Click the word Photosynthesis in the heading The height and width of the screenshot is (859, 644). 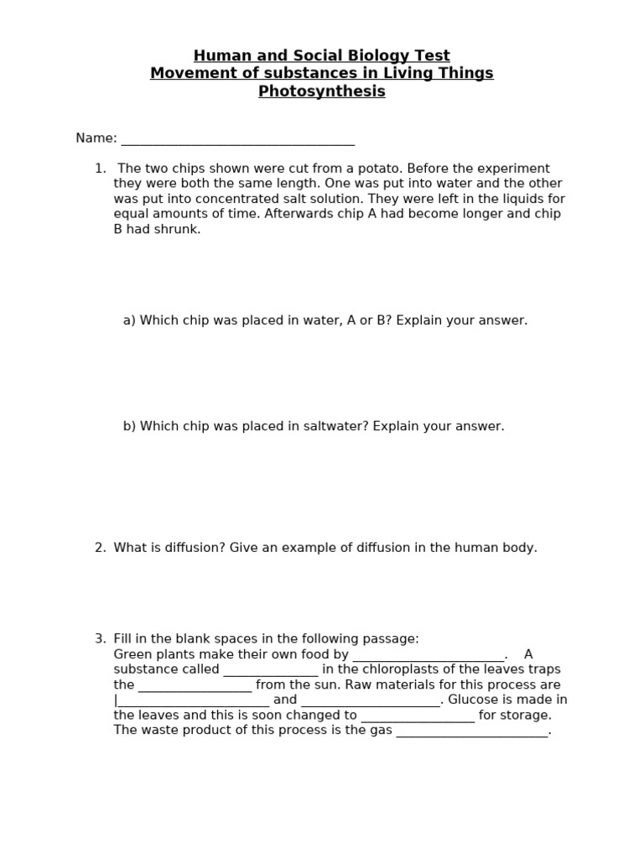pos(321,91)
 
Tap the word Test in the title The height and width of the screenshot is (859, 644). pos(430,56)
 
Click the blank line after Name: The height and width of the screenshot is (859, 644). pos(237,138)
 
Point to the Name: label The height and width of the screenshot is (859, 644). pos(96,138)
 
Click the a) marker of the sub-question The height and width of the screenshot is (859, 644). pos(129,320)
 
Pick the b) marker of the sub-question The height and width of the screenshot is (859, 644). pos(129,426)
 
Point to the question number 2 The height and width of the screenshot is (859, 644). pos(100,548)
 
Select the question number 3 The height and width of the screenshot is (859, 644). pos(100,639)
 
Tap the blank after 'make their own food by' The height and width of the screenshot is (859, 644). pos(428,655)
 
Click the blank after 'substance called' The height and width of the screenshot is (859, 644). pos(270,670)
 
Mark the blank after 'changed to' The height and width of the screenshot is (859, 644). pos(418,716)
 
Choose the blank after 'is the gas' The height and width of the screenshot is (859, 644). pos(471,731)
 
